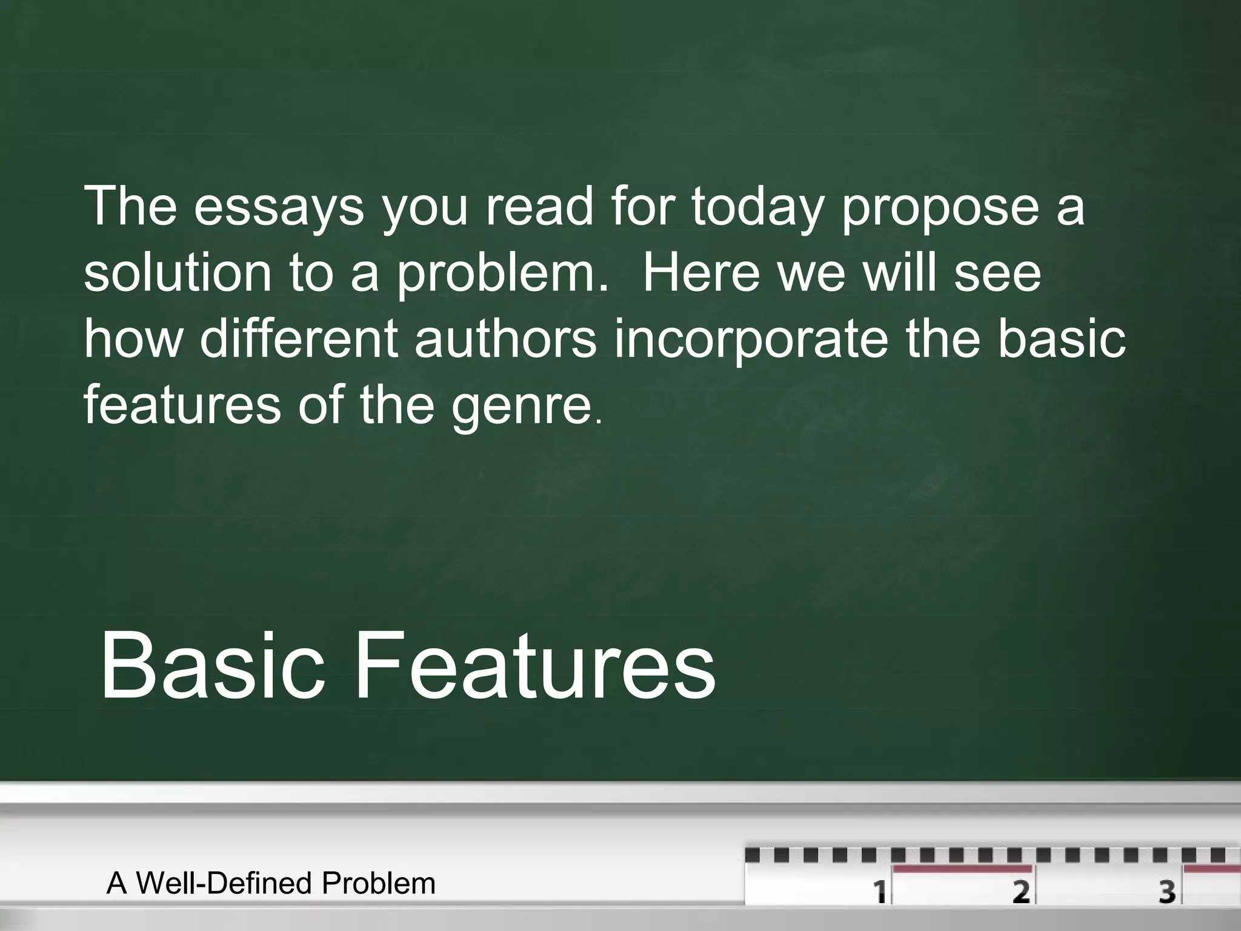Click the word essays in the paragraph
(279, 207)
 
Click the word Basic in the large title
(212, 665)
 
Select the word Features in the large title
(534, 665)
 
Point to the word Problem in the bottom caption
(379, 883)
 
